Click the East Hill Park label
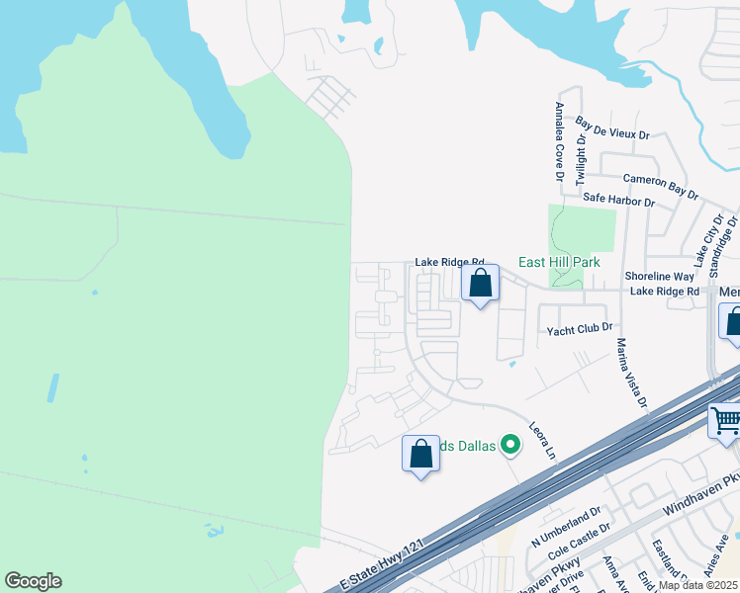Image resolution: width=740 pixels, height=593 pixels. tap(560, 263)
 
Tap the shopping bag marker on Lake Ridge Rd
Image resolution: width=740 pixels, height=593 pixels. tap(480, 284)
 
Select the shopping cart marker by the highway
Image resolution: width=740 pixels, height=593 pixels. tap(725, 422)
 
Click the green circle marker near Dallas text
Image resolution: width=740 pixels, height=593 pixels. tap(510, 446)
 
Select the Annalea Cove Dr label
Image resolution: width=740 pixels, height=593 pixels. tap(559, 142)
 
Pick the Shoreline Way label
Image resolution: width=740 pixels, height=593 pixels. tap(660, 277)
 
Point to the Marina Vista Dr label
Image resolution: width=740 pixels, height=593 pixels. tap(631, 374)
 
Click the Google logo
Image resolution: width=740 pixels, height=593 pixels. tap(33, 581)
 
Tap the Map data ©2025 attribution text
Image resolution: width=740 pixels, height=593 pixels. tap(698, 585)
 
